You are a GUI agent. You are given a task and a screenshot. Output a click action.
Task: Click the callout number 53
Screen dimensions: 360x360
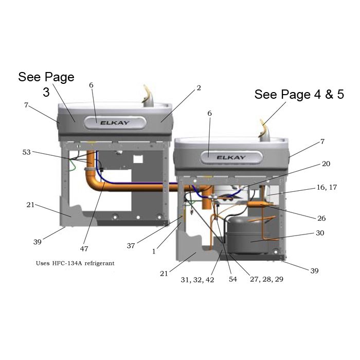(x=26, y=152)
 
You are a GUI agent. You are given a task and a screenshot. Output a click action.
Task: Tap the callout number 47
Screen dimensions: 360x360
(x=84, y=248)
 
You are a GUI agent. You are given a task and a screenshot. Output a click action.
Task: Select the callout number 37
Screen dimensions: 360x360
(x=131, y=246)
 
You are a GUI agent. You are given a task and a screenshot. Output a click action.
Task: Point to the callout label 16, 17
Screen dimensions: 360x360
(x=327, y=187)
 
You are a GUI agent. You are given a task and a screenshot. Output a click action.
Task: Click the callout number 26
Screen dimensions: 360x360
(x=321, y=218)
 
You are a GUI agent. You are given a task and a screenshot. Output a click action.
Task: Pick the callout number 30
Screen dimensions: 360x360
(x=320, y=233)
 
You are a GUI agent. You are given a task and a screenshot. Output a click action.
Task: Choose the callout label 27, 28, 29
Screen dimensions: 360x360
(x=266, y=279)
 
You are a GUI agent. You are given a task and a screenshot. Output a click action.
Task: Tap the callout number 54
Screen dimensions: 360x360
(x=232, y=279)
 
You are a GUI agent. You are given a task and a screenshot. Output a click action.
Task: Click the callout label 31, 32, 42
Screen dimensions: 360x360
(x=197, y=280)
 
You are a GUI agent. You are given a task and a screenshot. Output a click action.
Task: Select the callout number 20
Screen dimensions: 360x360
(x=326, y=164)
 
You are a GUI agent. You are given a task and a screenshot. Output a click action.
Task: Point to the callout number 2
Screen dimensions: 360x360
(x=199, y=88)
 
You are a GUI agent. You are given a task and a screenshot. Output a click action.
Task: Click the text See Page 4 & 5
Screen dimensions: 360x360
(x=299, y=94)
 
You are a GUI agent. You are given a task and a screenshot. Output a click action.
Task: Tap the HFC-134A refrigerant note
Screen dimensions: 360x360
(x=75, y=263)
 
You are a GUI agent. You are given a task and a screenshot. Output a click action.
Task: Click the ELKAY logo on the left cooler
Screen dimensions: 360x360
(x=115, y=123)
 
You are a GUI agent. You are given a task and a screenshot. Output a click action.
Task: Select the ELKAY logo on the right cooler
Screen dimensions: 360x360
(x=231, y=157)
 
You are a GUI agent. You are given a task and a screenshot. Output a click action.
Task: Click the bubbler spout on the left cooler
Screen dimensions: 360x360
(x=148, y=97)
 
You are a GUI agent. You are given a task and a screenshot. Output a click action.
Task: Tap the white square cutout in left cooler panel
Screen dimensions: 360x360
(x=138, y=159)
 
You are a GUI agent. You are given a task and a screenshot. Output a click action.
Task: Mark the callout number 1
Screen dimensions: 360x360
(x=154, y=251)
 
